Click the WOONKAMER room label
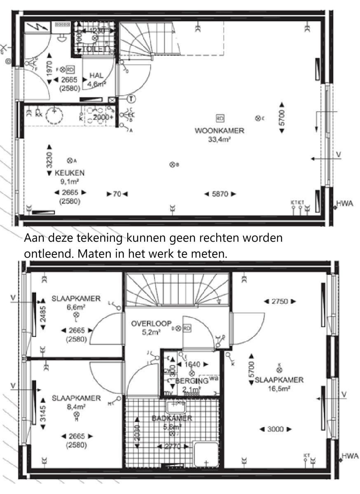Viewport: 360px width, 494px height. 220,131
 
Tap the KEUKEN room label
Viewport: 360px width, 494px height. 70,173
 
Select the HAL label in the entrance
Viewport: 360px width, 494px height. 96,76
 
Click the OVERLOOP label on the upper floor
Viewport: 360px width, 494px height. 151,324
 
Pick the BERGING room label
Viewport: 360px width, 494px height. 192,381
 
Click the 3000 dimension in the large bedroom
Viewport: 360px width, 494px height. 276,429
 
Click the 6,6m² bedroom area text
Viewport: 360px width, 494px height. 75,307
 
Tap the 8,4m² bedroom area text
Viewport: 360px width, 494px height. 76,407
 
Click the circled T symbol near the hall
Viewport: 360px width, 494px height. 131,99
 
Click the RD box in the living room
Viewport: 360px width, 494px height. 220,119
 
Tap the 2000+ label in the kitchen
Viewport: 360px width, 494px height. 103,117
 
